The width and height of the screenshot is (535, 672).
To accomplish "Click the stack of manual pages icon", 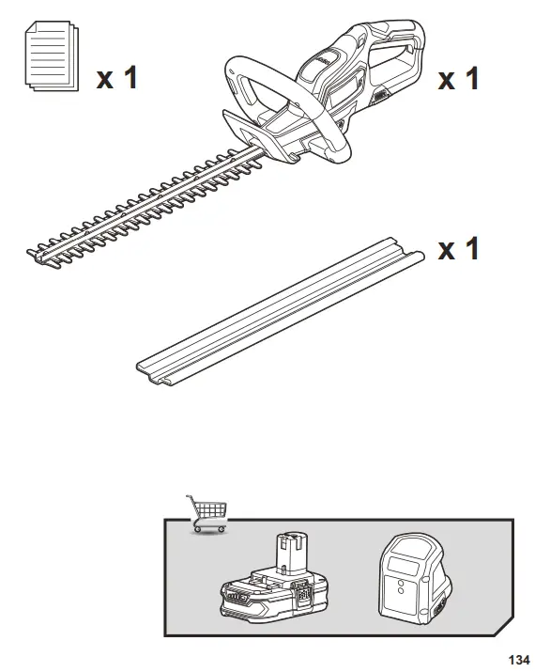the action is coord(52,55).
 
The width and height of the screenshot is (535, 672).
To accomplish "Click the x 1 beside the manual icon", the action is coord(116,78).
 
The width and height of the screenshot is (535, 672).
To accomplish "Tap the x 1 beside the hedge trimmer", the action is coord(458,78).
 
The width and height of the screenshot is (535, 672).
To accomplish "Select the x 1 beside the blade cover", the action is coord(458,248).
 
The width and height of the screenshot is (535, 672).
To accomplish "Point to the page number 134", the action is coord(519,659).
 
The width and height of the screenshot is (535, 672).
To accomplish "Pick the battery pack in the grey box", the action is coord(274,578).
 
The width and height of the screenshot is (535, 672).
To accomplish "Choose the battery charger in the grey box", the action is coord(414,579).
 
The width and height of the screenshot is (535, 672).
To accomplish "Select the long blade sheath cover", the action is coord(281,311).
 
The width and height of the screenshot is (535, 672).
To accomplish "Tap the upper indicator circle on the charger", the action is coord(401,583).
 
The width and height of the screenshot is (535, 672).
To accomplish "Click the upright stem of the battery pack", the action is coord(292,552).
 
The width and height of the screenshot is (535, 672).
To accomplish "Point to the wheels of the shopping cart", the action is coord(209,530).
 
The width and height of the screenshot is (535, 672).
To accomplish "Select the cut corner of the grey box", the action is coord(504,627).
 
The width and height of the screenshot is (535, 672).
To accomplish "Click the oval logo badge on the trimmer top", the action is coord(327,60).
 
